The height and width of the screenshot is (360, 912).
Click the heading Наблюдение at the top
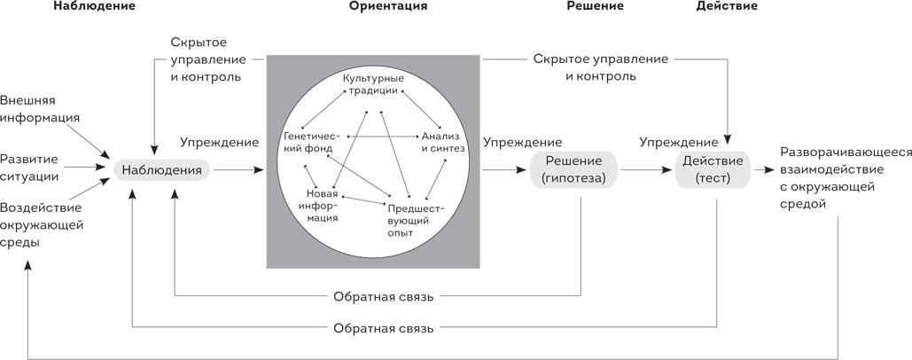pyautogui.click(x=95, y=6)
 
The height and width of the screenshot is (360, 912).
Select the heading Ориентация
pyautogui.click(x=387, y=6)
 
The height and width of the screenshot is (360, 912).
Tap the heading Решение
pyautogui.click(x=594, y=6)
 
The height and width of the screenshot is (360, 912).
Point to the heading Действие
pyautogui.click(x=727, y=6)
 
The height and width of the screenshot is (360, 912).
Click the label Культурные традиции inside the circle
pyautogui.click(x=373, y=86)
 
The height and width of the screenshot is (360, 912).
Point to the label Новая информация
pyautogui.click(x=323, y=206)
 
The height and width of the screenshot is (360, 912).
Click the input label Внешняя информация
pyautogui.click(x=41, y=108)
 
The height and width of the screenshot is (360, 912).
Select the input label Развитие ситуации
pyautogui.click(x=29, y=167)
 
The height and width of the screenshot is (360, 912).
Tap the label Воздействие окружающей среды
pyautogui.click(x=42, y=224)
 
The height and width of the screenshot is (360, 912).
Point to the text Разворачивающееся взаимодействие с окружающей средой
pyautogui.click(x=846, y=177)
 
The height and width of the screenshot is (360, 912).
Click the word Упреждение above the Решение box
pyautogui.click(x=522, y=142)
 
